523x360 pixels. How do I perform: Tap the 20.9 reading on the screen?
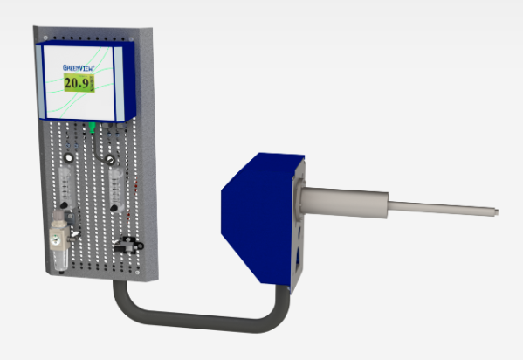click(79, 83)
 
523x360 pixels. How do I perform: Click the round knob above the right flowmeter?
click(109, 159)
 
